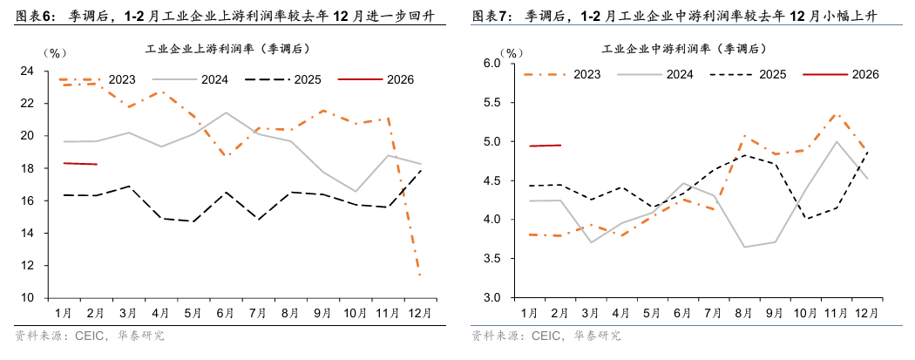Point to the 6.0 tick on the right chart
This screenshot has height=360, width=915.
tap(491, 64)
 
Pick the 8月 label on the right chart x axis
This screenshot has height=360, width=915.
tap(745, 312)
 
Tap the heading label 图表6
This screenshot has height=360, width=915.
tap(32, 17)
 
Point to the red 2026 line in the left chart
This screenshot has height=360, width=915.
tap(79, 163)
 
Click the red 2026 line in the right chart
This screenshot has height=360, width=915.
tap(545, 146)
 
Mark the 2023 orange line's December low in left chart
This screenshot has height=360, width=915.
tap(421, 275)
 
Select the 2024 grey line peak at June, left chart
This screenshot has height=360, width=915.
tap(226, 112)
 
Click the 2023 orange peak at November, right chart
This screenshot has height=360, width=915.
tap(837, 113)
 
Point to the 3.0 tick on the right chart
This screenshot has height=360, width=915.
tap(491, 298)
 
